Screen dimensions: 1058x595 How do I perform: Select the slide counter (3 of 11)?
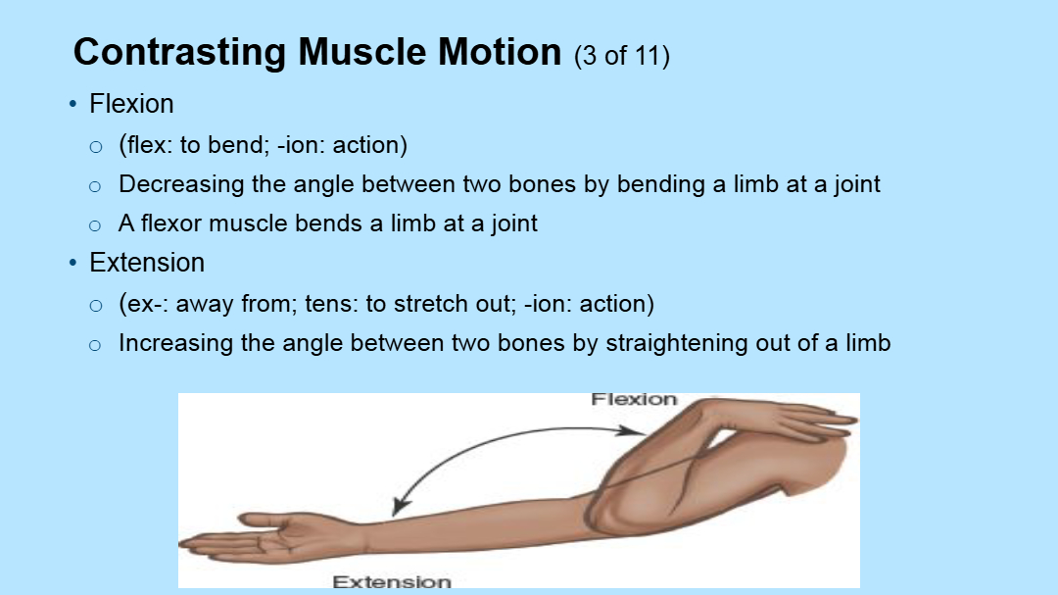click(x=621, y=55)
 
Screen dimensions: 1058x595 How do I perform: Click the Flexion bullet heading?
click(x=131, y=104)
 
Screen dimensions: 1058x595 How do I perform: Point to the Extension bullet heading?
click(x=147, y=263)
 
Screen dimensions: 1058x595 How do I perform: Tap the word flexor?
click(x=171, y=223)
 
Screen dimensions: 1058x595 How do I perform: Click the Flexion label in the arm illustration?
click(x=634, y=399)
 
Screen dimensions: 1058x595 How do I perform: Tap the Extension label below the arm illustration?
click(x=392, y=581)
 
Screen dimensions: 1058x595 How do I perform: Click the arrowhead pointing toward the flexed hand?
click(x=632, y=431)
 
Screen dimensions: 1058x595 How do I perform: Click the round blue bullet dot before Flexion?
click(x=72, y=104)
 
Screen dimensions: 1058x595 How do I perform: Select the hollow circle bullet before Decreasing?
click(x=95, y=186)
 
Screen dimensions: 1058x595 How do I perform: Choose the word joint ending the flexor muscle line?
click(x=514, y=224)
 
